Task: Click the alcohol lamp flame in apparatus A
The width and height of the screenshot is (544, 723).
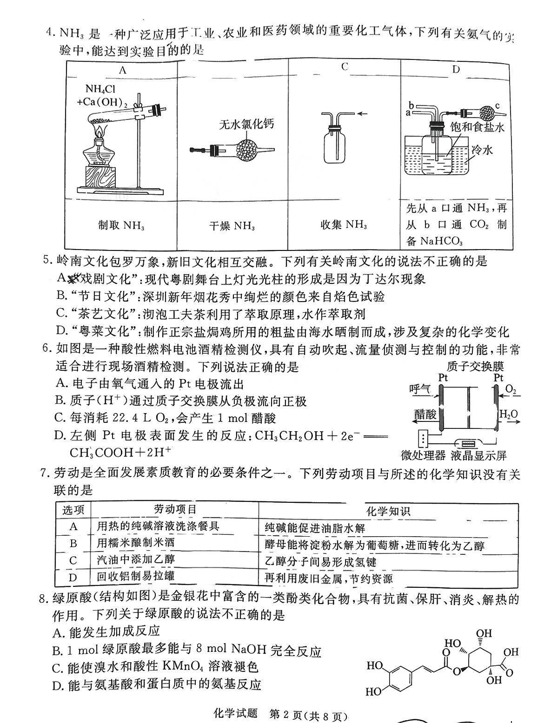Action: click(x=99, y=128)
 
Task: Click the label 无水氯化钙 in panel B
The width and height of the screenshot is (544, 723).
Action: click(x=246, y=124)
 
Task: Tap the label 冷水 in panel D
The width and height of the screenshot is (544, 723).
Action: click(x=482, y=150)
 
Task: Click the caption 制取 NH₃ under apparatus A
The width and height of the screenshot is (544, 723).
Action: click(x=121, y=226)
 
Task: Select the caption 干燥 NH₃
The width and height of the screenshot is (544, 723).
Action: click(x=232, y=226)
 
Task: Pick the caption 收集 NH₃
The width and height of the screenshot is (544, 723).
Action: click(x=344, y=225)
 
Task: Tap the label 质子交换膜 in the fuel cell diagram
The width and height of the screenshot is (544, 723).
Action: click(x=475, y=366)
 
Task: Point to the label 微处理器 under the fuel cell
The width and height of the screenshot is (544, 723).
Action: click(x=423, y=455)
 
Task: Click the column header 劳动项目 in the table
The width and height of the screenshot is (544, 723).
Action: click(x=175, y=509)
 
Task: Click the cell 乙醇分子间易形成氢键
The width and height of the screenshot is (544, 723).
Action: click(x=320, y=562)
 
